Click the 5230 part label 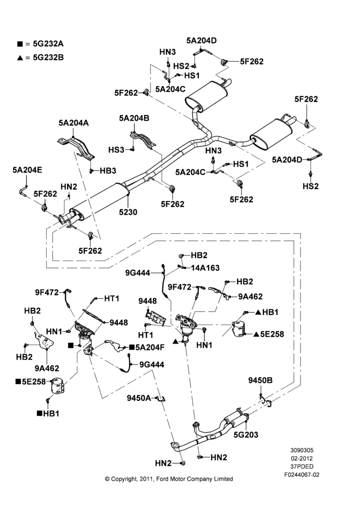pos(128,212)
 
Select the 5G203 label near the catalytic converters pos(246,434)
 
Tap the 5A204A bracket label pos(74,123)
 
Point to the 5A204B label pos(134,118)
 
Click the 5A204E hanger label pos(27,170)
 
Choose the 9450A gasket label pos(139,398)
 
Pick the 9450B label pos(260,380)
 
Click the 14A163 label pos(205,268)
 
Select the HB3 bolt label pos(108,171)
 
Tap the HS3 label pos(116,150)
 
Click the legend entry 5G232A pos(48,44)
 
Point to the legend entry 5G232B pos(48,58)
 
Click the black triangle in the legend pos(20,58)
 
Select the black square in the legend pos(20,44)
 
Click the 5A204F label pos(150,347)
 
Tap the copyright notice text pos(169,479)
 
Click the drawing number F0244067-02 pos(302,474)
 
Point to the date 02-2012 pos(302,458)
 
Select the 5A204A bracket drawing pos(76,147)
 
